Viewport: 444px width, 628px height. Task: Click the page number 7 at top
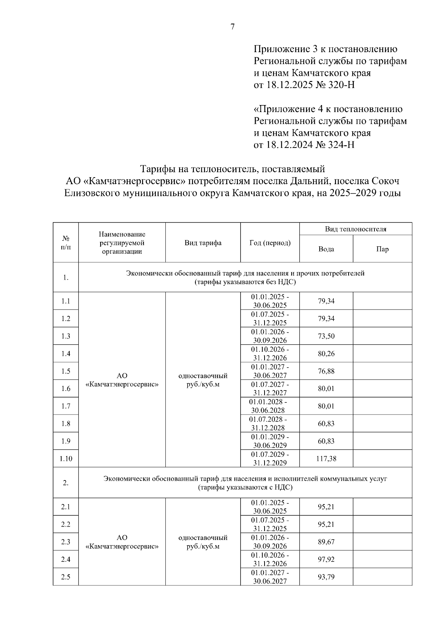pyautogui.click(x=232, y=27)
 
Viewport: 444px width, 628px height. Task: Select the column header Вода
pyautogui.click(x=326, y=249)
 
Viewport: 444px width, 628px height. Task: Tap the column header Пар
pyautogui.click(x=382, y=249)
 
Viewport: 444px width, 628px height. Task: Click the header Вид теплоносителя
pyautogui.click(x=356, y=229)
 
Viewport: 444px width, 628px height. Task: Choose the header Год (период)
pyautogui.click(x=270, y=243)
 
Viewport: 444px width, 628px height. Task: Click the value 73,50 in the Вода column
pyautogui.click(x=326, y=336)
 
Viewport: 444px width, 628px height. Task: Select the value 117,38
pyautogui.click(x=326, y=459)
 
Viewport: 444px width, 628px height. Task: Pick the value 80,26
pyautogui.click(x=326, y=354)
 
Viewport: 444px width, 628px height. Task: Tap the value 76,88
pyautogui.click(x=326, y=371)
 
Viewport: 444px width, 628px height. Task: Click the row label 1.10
pyautogui.click(x=66, y=459)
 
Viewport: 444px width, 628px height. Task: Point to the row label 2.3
pyautogui.click(x=66, y=542)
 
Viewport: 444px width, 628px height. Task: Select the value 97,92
pyautogui.click(x=326, y=559)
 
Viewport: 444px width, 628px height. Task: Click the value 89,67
pyautogui.click(x=326, y=542)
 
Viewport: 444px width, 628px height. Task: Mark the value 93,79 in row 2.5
pyautogui.click(x=326, y=577)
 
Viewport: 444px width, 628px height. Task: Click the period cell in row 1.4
pyautogui.click(x=270, y=354)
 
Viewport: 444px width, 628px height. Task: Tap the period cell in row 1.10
pyautogui.click(x=270, y=459)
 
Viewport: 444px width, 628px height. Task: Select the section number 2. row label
pyautogui.click(x=66, y=483)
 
